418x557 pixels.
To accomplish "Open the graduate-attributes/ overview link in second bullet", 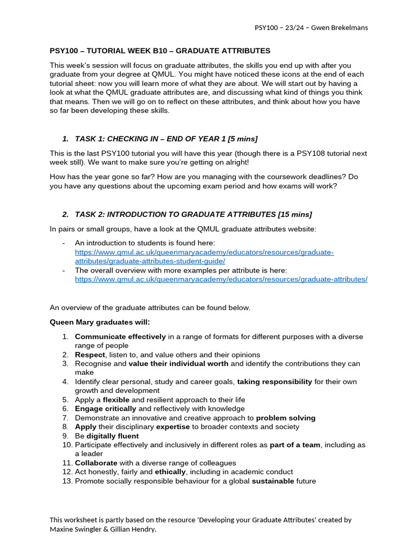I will pos(221,279).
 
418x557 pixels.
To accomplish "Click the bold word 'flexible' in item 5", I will pos(116,400).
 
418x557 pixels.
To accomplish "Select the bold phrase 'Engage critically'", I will pos(106,409).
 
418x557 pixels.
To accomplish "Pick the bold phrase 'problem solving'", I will pos(286,418).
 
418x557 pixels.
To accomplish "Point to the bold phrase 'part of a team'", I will pos(295,445).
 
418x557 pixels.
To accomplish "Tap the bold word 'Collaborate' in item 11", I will pos(96,463).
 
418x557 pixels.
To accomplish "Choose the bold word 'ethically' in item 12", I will pos(170,472).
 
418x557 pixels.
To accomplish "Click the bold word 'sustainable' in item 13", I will pos(272,481).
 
